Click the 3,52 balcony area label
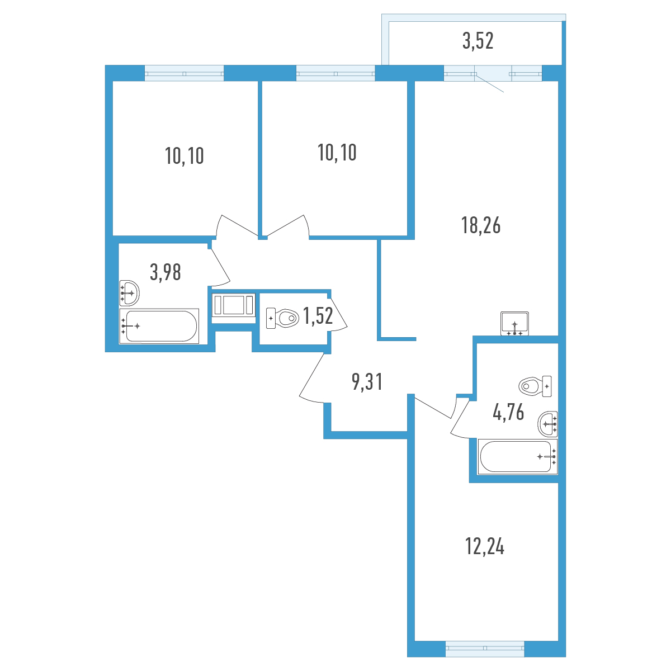[478, 41]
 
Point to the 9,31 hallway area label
[367, 382]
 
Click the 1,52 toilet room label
[318, 316]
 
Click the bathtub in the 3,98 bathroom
[159, 326]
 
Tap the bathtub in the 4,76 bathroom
[518, 456]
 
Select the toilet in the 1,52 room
[282, 318]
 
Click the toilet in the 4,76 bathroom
[535, 386]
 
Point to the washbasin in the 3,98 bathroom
[129, 293]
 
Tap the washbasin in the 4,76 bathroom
[548, 424]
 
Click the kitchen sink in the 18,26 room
[514, 324]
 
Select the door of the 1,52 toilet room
[337, 313]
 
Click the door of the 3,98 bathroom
[220, 267]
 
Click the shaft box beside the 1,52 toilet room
[234, 306]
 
